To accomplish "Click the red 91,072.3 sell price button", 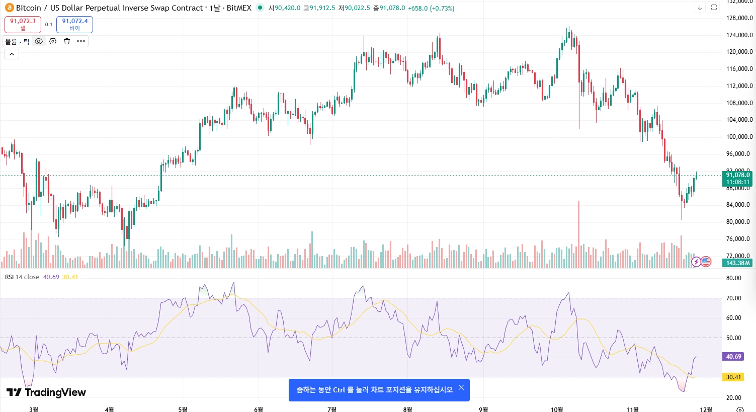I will click(23, 24).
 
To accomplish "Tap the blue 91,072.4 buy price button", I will click(74, 24).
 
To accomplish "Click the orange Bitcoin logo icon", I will click(9, 8).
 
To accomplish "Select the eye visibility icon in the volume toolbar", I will click(39, 41).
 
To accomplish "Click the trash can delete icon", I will click(67, 41).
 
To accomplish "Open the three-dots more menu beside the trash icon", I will click(81, 41).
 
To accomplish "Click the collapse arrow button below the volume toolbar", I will click(12, 54).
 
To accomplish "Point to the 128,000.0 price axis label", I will click(739, 18).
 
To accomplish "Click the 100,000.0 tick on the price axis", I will click(739, 137).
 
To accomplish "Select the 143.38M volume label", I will click(737, 263).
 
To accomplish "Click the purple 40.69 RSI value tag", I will click(733, 357).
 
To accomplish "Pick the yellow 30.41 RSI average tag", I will click(733, 377).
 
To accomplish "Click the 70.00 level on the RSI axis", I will click(733, 298).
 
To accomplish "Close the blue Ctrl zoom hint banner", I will click(461, 387).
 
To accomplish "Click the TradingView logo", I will click(46, 392).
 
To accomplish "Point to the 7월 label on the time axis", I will click(332, 409).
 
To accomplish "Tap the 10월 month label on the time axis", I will click(557, 409).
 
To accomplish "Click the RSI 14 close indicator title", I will click(22, 277).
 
